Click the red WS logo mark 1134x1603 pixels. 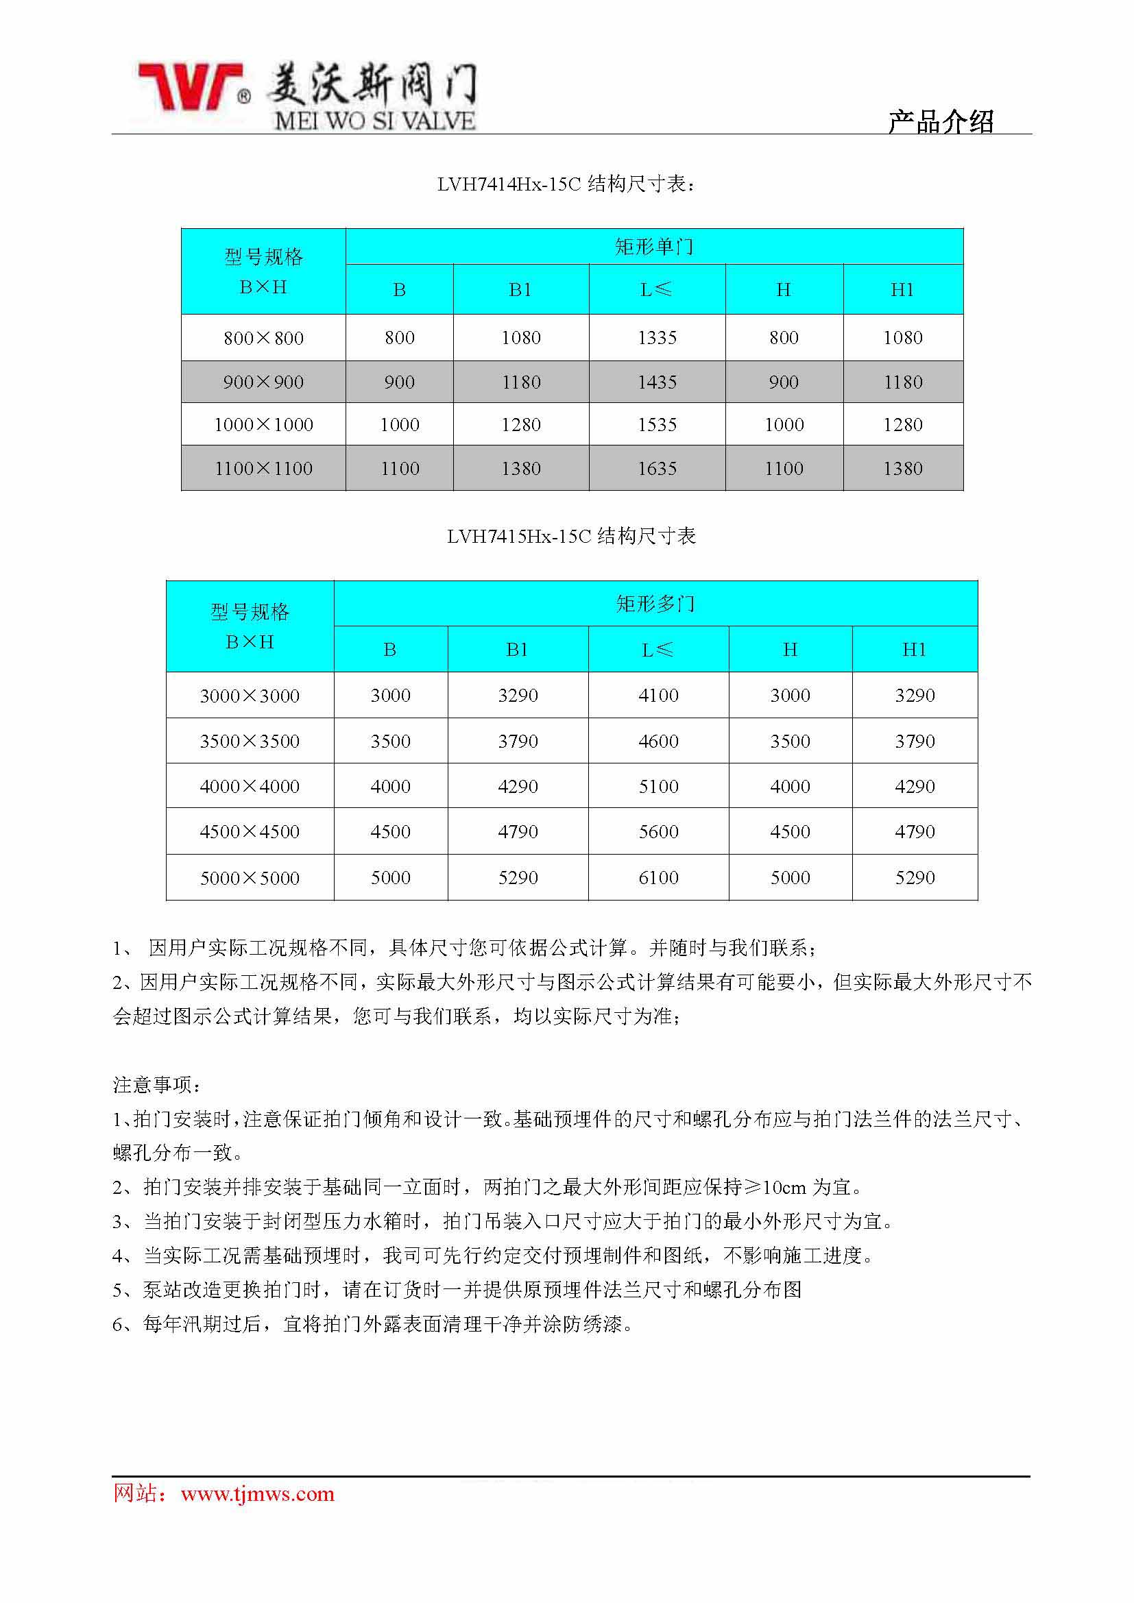(190, 86)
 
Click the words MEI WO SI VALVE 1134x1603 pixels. (375, 121)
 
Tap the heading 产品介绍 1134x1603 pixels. (940, 121)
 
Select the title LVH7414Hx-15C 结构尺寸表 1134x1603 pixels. (566, 184)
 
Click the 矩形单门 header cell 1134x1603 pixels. (653, 247)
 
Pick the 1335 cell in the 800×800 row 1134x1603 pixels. (657, 338)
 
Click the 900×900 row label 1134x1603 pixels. (263, 382)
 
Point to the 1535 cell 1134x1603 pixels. (657, 424)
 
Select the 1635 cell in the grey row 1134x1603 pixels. (657, 469)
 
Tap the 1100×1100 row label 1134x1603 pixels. (263, 469)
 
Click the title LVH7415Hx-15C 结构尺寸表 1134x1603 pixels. (571, 536)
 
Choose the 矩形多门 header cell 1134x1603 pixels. (655, 604)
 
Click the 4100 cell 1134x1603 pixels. (658, 696)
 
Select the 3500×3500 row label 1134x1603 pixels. (250, 741)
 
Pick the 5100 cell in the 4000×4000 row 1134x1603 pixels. (658, 786)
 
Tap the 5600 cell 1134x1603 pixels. (658, 831)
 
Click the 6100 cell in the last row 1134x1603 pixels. (658, 878)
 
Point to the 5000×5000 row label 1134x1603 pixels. (250, 878)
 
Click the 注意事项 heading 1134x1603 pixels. (157, 1084)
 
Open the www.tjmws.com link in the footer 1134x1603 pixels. (257, 1493)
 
